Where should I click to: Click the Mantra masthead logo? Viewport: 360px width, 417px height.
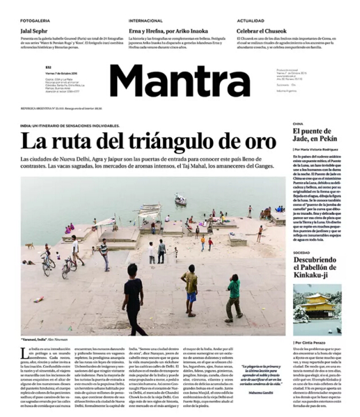180,81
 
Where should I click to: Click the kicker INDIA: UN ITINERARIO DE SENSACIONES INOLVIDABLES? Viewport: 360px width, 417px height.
69,125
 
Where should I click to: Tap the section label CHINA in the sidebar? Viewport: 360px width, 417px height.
298,123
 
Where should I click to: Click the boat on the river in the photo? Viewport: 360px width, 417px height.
181,200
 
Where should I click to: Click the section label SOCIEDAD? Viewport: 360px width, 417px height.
301,253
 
